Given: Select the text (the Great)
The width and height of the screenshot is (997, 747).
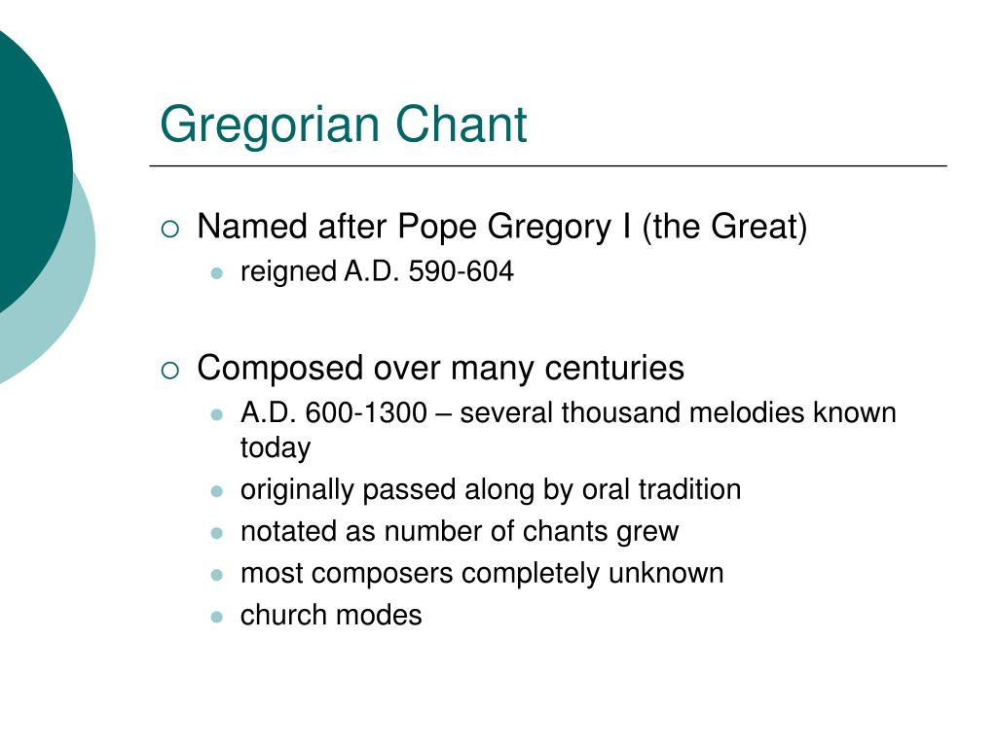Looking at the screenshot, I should tap(724, 228).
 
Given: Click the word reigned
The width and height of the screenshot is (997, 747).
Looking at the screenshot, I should tap(288, 273).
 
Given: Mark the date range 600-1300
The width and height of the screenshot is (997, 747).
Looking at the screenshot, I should tap(365, 413).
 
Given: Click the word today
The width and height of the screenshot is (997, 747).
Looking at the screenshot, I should tap(276, 448).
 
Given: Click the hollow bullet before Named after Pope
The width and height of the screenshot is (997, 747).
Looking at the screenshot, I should tap(170, 230).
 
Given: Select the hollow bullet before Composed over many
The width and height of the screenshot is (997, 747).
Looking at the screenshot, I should tap(170, 370).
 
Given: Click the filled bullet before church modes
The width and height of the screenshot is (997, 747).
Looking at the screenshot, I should tap(217, 617).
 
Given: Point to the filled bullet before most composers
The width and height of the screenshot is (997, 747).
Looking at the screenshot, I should tap(217, 575).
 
